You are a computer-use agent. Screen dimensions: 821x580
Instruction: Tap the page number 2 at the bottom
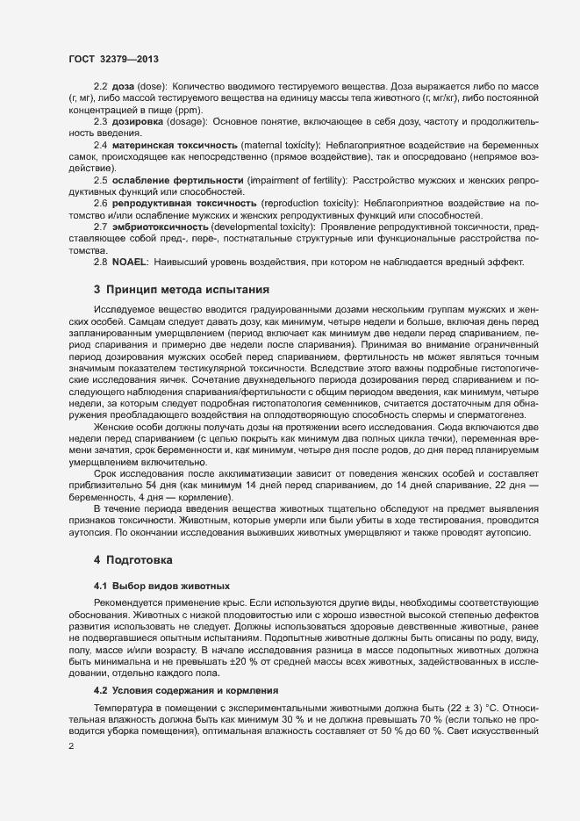pos(71,747)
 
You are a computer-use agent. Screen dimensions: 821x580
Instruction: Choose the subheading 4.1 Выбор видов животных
pos(156,585)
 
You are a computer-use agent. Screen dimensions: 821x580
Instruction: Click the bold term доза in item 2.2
pos(122,87)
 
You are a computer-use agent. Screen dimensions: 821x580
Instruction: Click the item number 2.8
pos(101,262)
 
